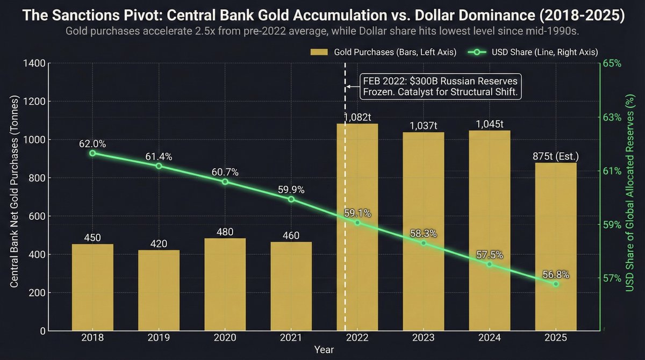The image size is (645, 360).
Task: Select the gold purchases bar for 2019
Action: (159, 290)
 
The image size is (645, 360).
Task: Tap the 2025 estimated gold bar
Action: (556, 247)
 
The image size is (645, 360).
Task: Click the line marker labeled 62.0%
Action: (92, 153)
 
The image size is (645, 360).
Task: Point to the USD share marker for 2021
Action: (291, 199)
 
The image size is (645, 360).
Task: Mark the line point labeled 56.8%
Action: (556, 284)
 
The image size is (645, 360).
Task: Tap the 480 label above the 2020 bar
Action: (225, 232)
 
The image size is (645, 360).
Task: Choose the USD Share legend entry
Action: (532, 52)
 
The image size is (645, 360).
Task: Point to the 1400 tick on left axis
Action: (34, 63)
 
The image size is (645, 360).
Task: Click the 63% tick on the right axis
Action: (613, 117)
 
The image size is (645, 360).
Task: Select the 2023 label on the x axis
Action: (424, 339)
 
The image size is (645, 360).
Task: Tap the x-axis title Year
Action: (324, 350)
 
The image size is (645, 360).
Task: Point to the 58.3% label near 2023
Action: (424, 234)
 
